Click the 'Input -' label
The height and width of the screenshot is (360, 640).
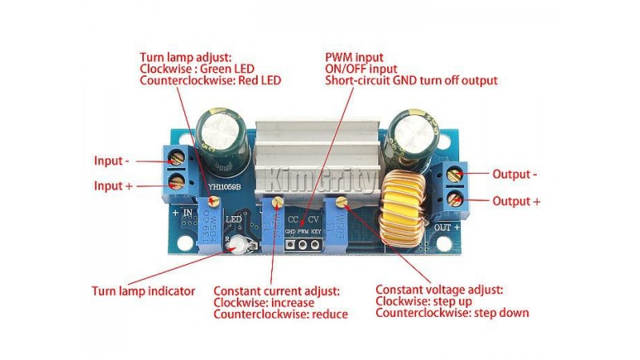111,159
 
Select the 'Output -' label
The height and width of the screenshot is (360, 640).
514,174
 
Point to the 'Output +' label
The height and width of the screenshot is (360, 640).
515,200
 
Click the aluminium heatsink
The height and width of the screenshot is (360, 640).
316,152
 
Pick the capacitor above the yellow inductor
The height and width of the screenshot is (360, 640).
409,140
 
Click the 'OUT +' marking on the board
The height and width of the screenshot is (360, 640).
446,226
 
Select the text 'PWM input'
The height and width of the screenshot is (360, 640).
354,58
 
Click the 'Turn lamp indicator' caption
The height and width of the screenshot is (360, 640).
143,290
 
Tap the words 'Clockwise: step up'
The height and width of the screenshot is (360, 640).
423,301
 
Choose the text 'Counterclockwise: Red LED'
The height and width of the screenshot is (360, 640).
210,81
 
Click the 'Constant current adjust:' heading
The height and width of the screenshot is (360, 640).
277,290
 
